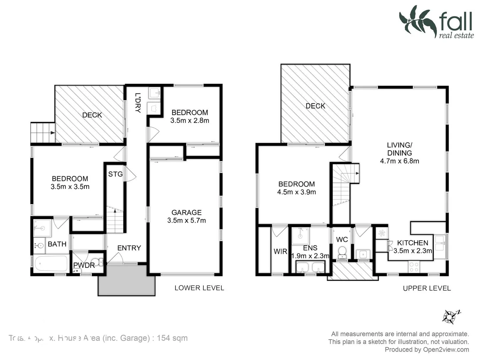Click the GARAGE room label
(x=186, y=212)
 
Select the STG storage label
(x=115, y=174)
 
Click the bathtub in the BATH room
(x=51, y=264)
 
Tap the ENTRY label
(x=129, y=248)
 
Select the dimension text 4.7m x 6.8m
(x=399, y=161)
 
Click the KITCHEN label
(x=412, y=243)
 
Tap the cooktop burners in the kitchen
(x=414, y=267)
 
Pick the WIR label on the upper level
(x=280, y=251)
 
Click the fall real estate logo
(x=437, y=22)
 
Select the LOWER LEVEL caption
(x=199, y=288)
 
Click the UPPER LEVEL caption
(x=427, y=288)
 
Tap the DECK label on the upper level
(x=315, y=106)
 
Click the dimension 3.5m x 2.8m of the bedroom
(x=190, y=121)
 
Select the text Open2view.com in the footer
(x=446, y=349)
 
